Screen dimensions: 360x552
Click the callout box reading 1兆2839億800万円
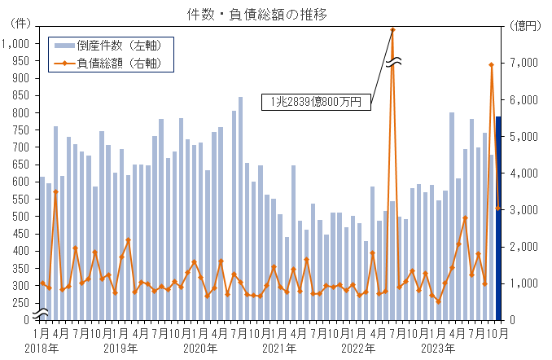pyautogui.click(x=317, y=102)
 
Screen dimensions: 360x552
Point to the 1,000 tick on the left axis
pyautogui.click(x=16, y=44)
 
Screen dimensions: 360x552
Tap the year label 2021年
pyautogui.click(x=278, y=349)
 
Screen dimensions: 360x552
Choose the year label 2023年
pyautogui.click(x=436, y=349)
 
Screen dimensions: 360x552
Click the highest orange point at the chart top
pyautogui.click(x=392, y=30)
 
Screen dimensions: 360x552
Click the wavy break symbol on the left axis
pyautogui.click(x=41, y=312)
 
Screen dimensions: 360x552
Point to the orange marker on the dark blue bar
pyautogui.click(x=498, y=209)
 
